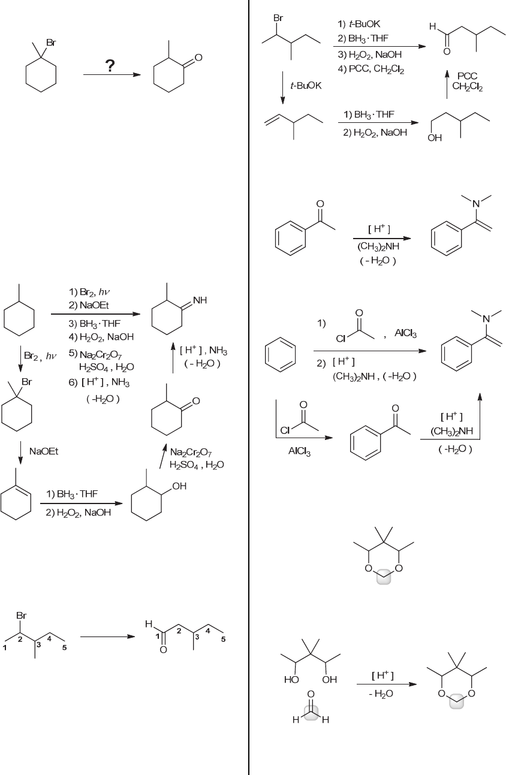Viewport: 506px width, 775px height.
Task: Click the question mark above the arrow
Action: pyautogui.click(x=110, y=66)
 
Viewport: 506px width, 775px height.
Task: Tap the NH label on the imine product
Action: pyautogui.click(x=200, y=300)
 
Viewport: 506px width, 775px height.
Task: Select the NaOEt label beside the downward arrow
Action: pyautogui.click(x=44, y=451)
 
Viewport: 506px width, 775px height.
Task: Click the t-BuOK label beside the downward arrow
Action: pyautogui.click(x=306, y=86)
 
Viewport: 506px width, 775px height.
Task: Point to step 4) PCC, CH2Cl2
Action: pyautogui.click(x=371, y=69)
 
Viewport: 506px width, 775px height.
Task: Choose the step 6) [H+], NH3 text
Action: pyautogui.click(x=99, y=382)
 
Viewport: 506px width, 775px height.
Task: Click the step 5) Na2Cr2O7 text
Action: pyautogui.click(x=95, y=354)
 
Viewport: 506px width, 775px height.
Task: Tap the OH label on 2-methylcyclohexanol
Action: pyautogui.click(x=179, y=486)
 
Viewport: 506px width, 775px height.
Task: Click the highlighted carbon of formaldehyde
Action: pyautogui.click(x=311, y=713)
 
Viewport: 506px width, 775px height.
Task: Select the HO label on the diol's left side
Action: pyautogui.click(x=291, y=680)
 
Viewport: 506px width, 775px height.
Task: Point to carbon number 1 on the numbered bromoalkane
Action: pyautogui.click(x=5, y=648)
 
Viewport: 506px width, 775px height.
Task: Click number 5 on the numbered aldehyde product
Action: pyautogui.click(x=223, y=640)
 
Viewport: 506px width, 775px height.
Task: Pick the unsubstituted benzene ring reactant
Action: pyautogui.click(x=281, y=355)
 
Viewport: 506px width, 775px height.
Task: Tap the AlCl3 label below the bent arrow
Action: pyautogui.click(x=299, y=451)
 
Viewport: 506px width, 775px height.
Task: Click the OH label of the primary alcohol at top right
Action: pyautogui.click(x=435, y=138)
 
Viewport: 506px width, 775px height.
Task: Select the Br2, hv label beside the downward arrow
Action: pyautogui.click(x=40, y=355)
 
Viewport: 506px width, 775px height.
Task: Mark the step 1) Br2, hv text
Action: pyautogui.click(x=89, y=292)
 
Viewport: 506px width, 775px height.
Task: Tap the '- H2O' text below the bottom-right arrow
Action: pyautogui.click(x=381, y=693)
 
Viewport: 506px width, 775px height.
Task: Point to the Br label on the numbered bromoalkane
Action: pyautogui.click(x=21, y=616)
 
